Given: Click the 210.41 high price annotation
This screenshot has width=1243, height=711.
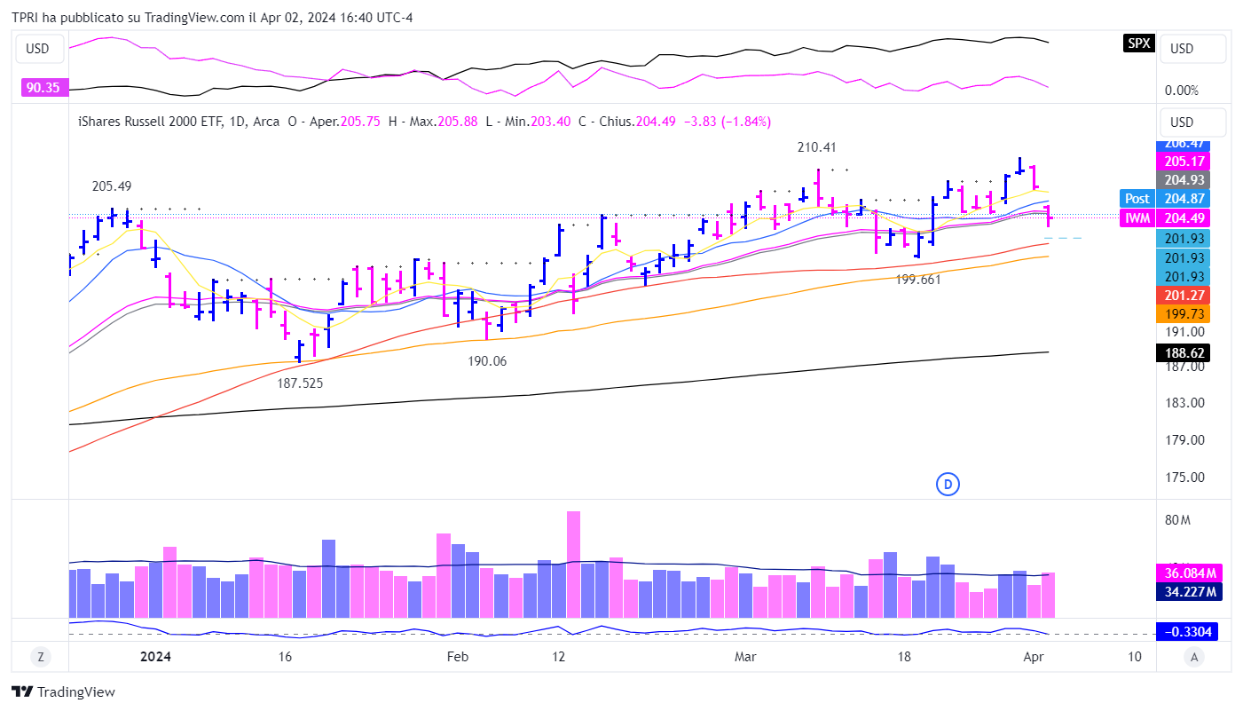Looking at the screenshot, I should [816, 147].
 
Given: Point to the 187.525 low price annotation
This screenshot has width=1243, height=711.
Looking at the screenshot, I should [300, 383].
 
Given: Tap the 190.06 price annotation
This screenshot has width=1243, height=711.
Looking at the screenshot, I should [487, 361].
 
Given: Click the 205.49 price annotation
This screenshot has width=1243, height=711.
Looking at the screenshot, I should [112, 186].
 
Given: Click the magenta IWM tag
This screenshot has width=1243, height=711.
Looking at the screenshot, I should [1137, 218].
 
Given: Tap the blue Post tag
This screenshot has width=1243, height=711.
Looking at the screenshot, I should [1137, 199].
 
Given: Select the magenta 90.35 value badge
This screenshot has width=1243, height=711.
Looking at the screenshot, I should [43, 87].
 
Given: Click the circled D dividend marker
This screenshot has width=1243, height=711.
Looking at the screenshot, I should [948, 484].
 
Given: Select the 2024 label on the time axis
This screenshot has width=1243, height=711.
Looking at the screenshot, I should [155, 657].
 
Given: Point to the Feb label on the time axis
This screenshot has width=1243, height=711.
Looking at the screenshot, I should [457, 657].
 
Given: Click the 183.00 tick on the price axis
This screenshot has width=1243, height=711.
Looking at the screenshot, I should [1184, 403].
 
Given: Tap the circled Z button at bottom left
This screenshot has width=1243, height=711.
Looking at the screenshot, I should [40, 657].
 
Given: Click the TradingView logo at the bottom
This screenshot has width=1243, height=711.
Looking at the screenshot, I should [63, 691].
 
